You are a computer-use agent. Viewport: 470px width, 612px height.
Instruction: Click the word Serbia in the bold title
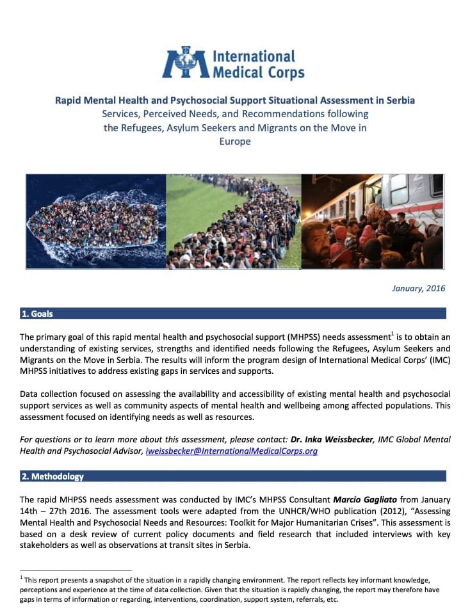point(398,101)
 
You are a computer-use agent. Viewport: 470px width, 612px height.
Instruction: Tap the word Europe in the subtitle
point(234,141)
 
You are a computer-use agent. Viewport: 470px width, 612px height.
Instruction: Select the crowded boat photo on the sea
point(96,221)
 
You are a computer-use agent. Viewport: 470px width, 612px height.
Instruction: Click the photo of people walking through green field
point(234,221)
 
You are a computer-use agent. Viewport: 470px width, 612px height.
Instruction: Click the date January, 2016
point(418,288)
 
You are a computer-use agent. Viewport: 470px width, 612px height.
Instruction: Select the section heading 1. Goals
point(38,314)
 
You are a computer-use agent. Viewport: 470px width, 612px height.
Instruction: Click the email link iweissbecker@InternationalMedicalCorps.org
point(232,451)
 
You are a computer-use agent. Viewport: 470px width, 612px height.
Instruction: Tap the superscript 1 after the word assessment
point(392,334)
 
